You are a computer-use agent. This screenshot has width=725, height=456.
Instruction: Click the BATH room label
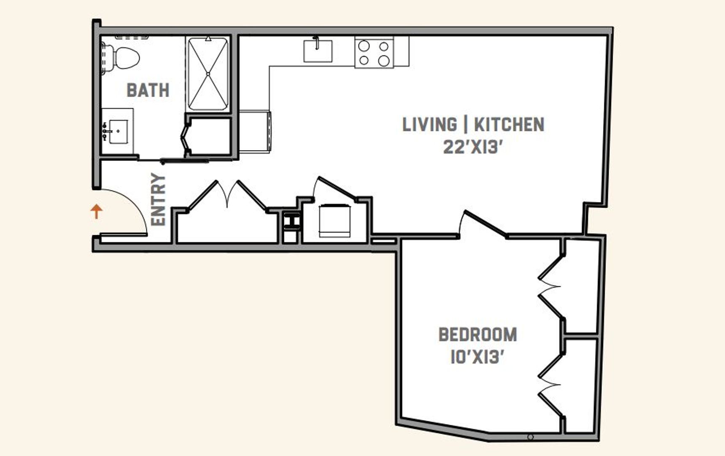pos(148,90)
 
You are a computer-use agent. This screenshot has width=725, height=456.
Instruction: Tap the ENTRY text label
pos(159,199)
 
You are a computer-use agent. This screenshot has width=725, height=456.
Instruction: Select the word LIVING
pos(429,125)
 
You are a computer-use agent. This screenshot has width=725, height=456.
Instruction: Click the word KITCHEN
pos(509,125)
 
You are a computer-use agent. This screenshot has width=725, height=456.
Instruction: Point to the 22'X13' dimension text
pos(473,147)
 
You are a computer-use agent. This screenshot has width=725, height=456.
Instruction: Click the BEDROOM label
pos(477,335)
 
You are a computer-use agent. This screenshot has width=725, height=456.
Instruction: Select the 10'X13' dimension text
pos(477,357)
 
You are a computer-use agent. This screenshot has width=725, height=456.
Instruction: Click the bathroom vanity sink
pos(118,131)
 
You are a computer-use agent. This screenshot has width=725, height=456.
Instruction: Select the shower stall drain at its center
pos(208,74)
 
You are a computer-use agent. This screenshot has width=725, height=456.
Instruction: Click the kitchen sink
pos(318,51)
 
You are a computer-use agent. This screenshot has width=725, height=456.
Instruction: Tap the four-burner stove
pos(374,52)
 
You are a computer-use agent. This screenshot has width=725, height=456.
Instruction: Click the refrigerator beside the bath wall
pos(255,132)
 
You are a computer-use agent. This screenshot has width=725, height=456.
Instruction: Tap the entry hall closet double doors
pos(228,195)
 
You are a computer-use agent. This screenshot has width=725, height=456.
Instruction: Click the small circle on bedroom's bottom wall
pos(531,437)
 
